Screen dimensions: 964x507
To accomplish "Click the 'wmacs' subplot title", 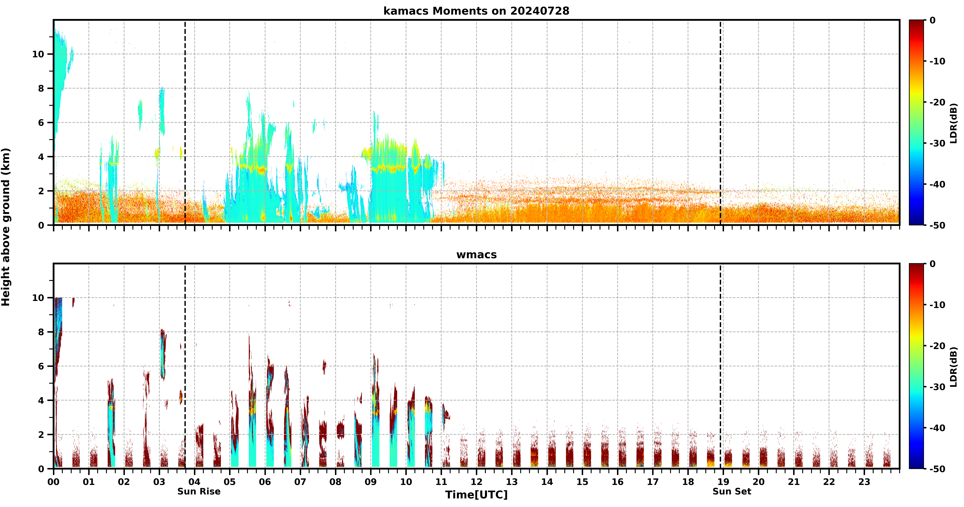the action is click(476, 255).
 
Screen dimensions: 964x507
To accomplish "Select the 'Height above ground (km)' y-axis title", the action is click(6, 227).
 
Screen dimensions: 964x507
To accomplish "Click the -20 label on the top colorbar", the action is click(937, 102).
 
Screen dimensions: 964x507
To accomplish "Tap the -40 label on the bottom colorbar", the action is click(937, 428).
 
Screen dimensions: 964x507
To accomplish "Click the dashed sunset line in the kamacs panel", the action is click(720, 122).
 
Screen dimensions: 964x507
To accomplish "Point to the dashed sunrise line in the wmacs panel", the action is click(185, 366).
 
